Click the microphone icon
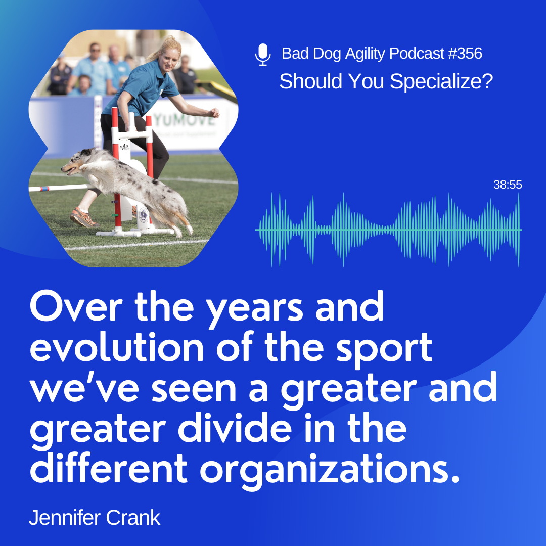(x=262, y=55)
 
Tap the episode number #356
(x=465, y=54)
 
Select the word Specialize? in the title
(x=441, y=82)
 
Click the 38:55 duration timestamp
(x=508, y=185)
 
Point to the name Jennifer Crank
(x=95, y=518)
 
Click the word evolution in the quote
(x=117, y=347)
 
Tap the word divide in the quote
(x=235, y=428)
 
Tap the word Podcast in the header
(x=417, y=54)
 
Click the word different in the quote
(x=109, y=468)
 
